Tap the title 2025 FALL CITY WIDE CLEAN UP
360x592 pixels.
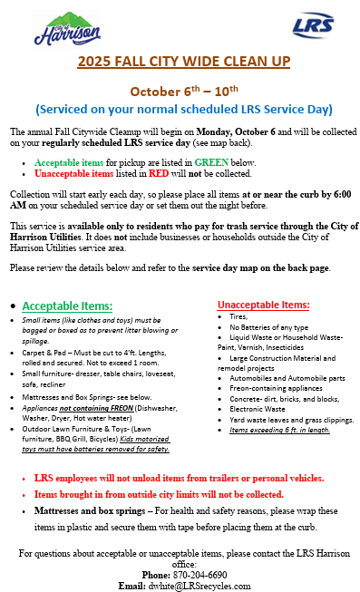[183, 62]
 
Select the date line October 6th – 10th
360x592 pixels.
[183, 91]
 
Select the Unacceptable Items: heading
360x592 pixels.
[264, 305]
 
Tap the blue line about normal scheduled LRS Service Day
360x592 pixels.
[183, 110]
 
